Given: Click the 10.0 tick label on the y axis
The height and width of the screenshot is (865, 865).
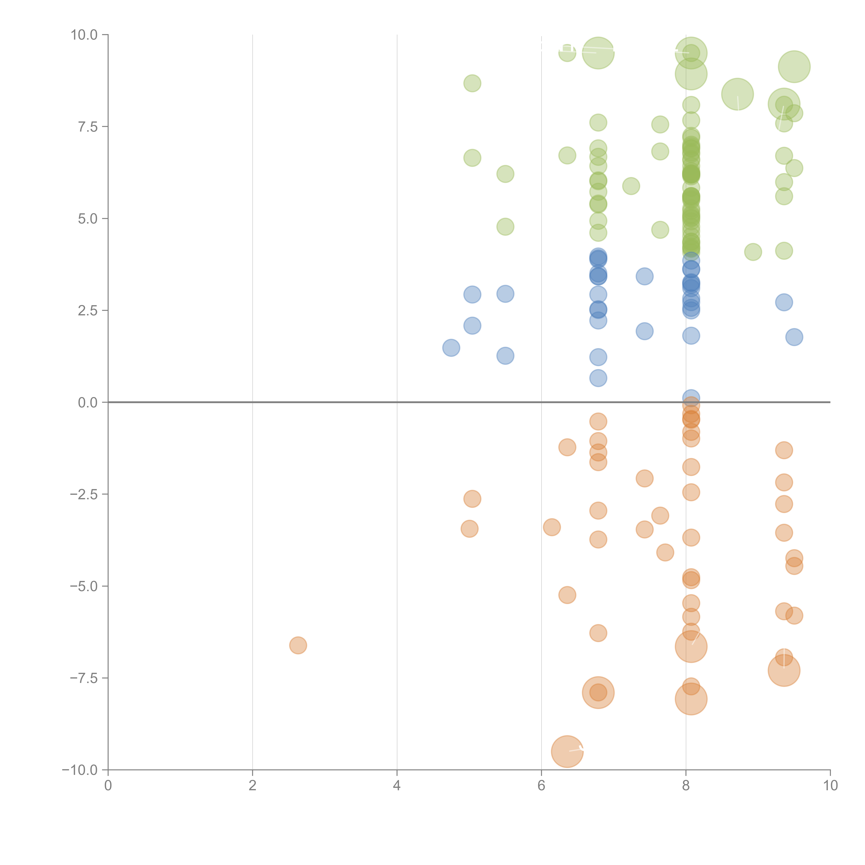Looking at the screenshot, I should point(84,35).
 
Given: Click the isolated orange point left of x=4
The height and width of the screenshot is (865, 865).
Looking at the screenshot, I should point(298,645).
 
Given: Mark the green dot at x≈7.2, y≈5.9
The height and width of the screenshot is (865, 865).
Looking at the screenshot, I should point(631,186).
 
